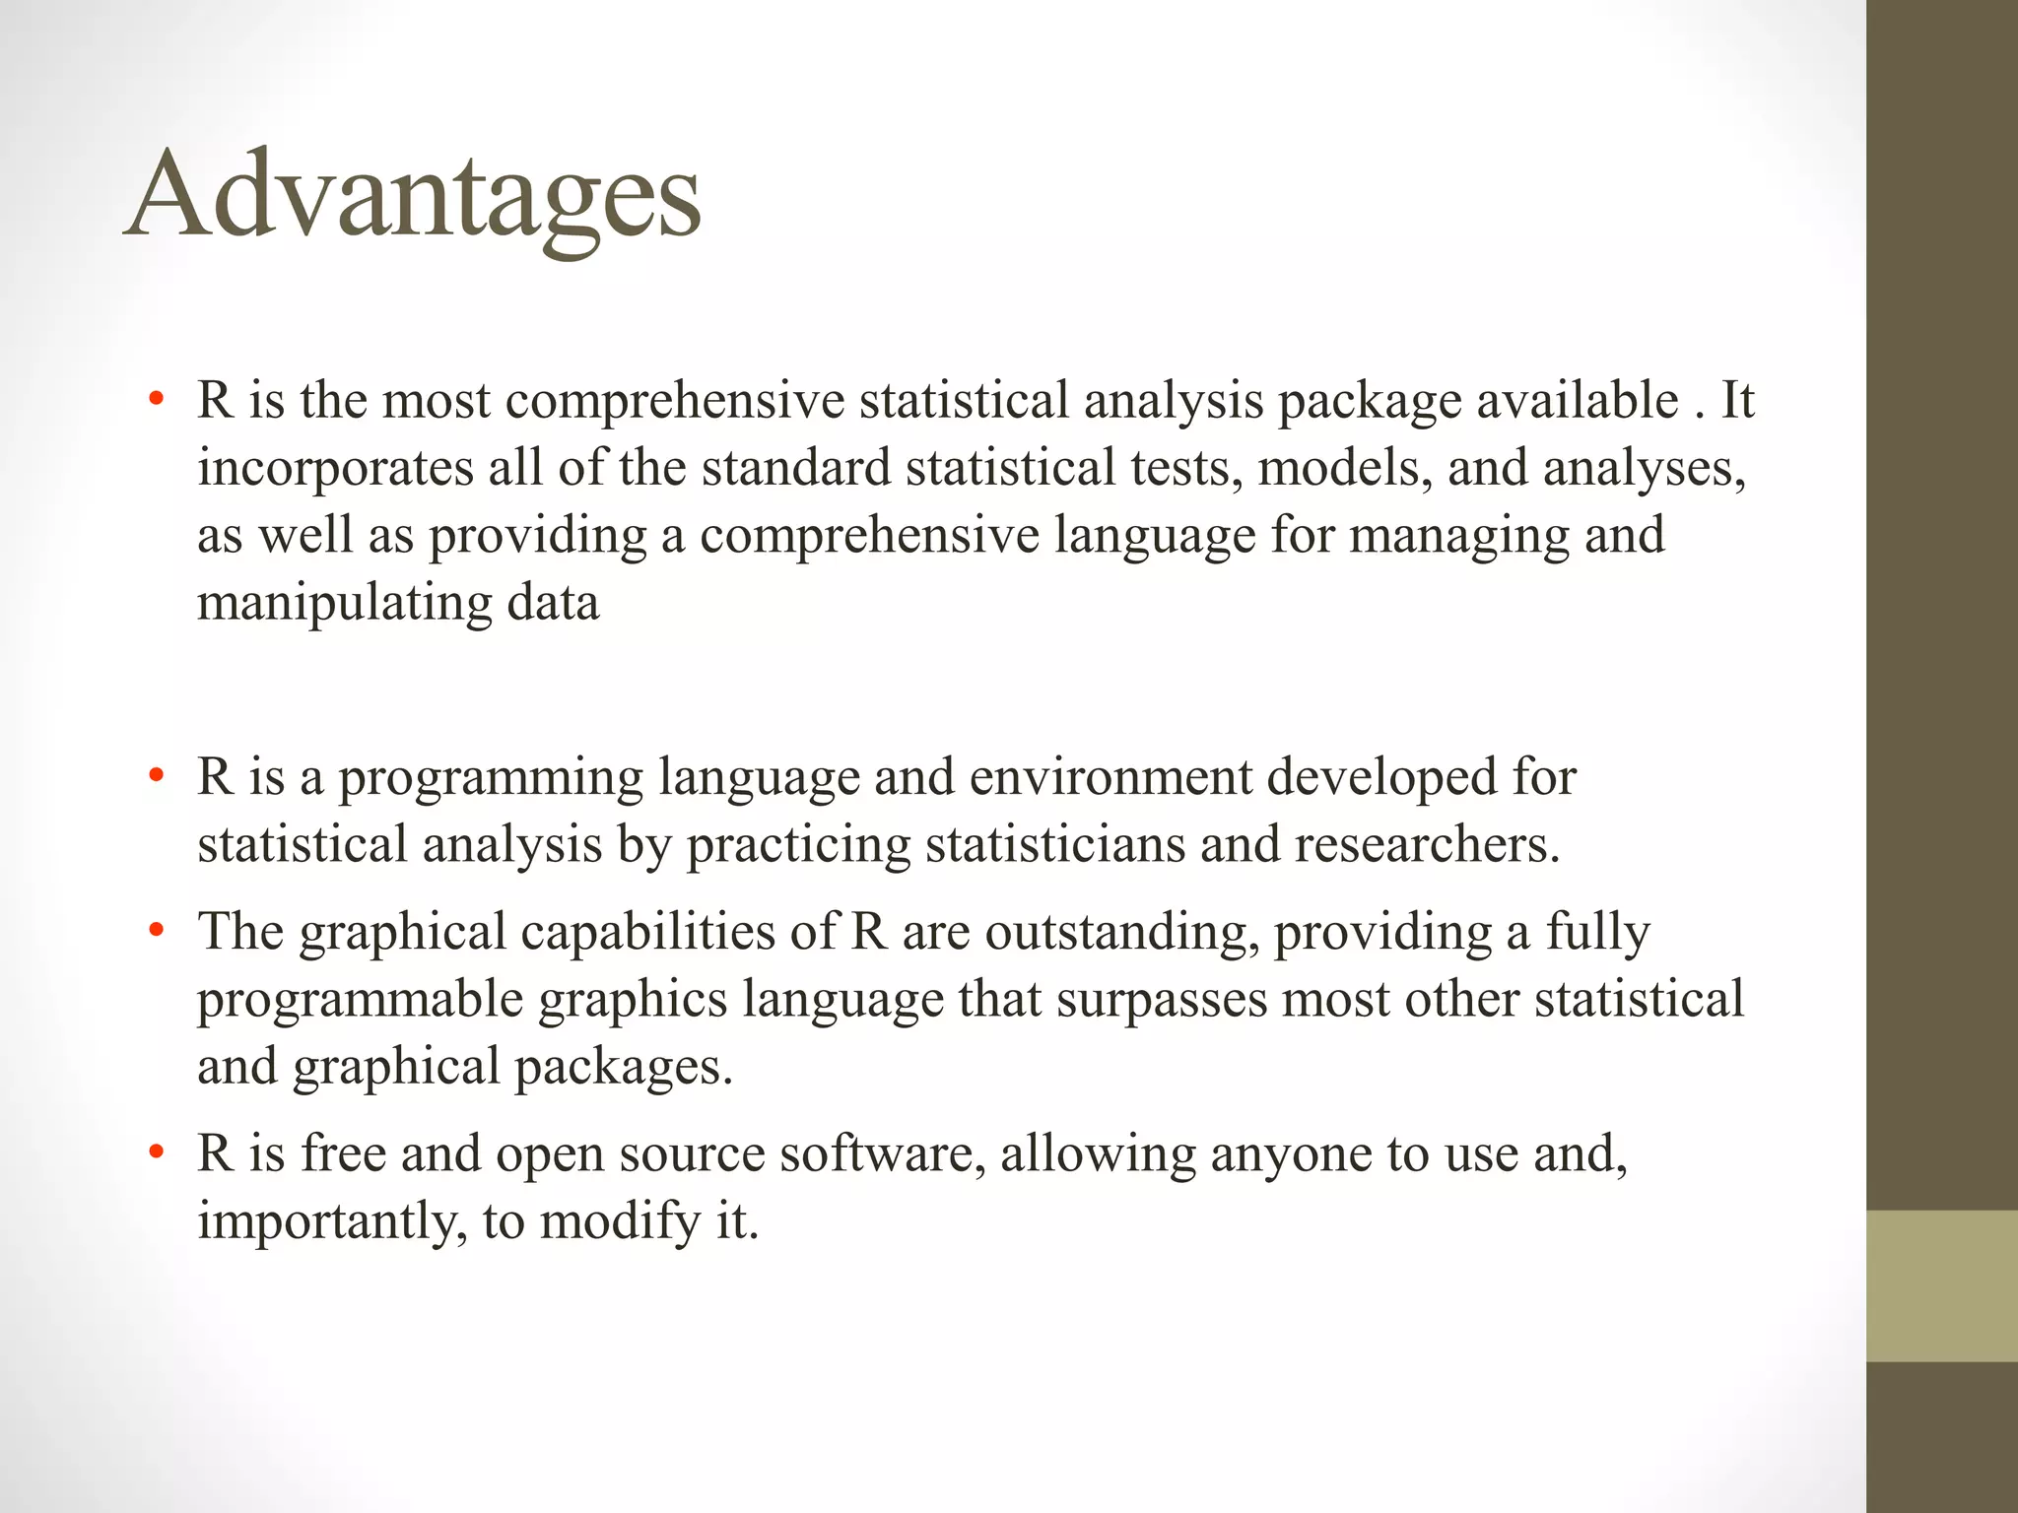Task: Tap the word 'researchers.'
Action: pyautogui.click(x=1428, y=846)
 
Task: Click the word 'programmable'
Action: pyautogui.click(x=360, y=1001)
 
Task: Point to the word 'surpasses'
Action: pyautogui.click(x=1162, y=1001)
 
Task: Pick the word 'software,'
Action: pyautogui.click(x=883, y=1154)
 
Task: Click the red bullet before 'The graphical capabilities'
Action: pyautogui.click(x=155, y=931)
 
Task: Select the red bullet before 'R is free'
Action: pyautogui.click(x=155, y=1153)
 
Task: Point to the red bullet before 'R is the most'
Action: pyautogui.click(x=155, y=401)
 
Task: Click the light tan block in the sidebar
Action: pyautogui.click(x=1941, y=1285)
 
